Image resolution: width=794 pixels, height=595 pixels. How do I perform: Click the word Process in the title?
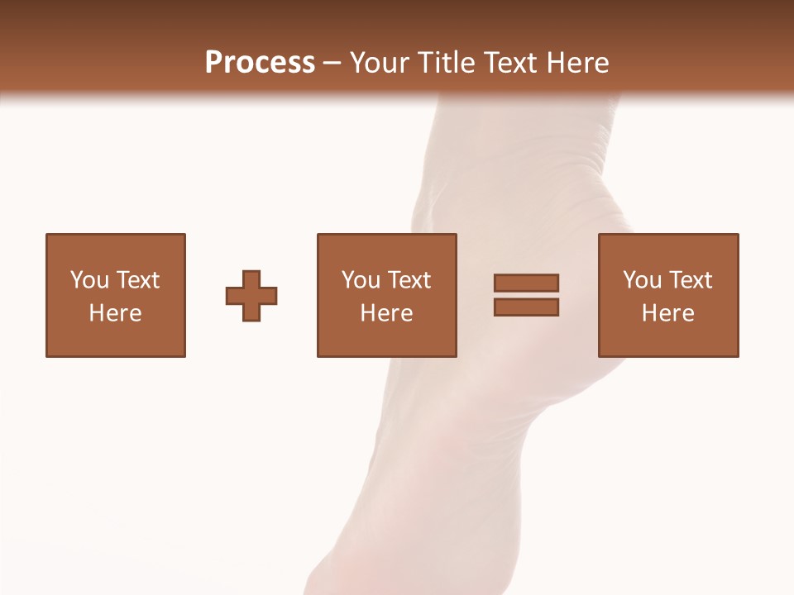(260, 63)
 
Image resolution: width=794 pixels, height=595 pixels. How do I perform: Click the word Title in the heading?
(444, 63)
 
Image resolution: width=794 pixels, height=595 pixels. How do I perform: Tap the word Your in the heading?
(380, 63)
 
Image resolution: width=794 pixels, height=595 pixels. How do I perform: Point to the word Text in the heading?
(507, 63)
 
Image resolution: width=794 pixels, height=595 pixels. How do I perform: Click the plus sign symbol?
(251, 296)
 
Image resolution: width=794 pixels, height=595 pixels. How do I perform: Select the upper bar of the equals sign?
(526, 283)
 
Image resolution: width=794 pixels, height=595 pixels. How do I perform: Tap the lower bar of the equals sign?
(526, 307)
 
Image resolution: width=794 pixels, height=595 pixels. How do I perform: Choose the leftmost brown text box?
(116, 248)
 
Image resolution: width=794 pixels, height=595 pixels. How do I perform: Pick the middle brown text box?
(386, 248)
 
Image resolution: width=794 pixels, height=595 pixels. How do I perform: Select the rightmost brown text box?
(667, 248)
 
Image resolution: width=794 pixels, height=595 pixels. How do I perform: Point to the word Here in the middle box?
(386, 313)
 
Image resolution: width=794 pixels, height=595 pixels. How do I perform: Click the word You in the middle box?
(361, 280)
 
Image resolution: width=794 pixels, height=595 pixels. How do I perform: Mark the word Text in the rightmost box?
(689, 280)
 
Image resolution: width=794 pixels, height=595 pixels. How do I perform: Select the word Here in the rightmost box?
(667, 313)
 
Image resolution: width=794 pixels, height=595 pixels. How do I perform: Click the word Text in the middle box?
(408, 280)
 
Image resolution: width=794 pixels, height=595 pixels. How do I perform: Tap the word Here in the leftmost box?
(115, 313)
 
